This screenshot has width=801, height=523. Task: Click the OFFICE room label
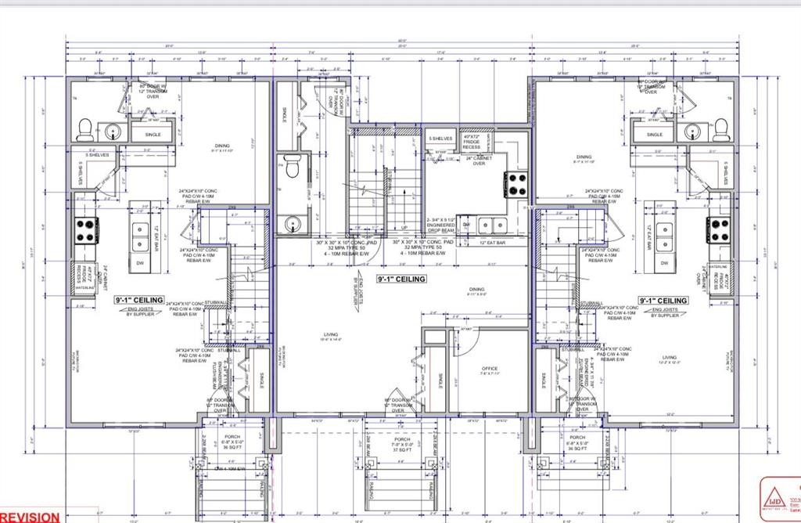pos(489,368)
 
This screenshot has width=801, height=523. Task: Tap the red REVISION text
pos(30,517)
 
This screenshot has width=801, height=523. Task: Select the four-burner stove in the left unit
pos(85,229)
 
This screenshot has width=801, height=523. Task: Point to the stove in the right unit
pos(719,229)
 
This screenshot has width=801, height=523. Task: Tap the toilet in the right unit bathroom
pos(720,128)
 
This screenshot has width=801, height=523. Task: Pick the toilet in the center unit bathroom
pos(292,167)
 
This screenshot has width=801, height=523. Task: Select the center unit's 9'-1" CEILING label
pos(401,279)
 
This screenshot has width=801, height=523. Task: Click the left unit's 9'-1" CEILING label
pos(139,300)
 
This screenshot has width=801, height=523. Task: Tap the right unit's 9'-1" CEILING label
pos(663,300)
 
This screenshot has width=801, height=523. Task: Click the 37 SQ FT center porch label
pos(403,449)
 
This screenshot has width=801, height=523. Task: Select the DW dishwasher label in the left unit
pos(141,263)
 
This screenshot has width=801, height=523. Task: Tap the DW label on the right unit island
pos(664,263)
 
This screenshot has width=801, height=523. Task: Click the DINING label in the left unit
pos(222,146)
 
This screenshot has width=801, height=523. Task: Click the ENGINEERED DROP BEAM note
pos(442,225)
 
